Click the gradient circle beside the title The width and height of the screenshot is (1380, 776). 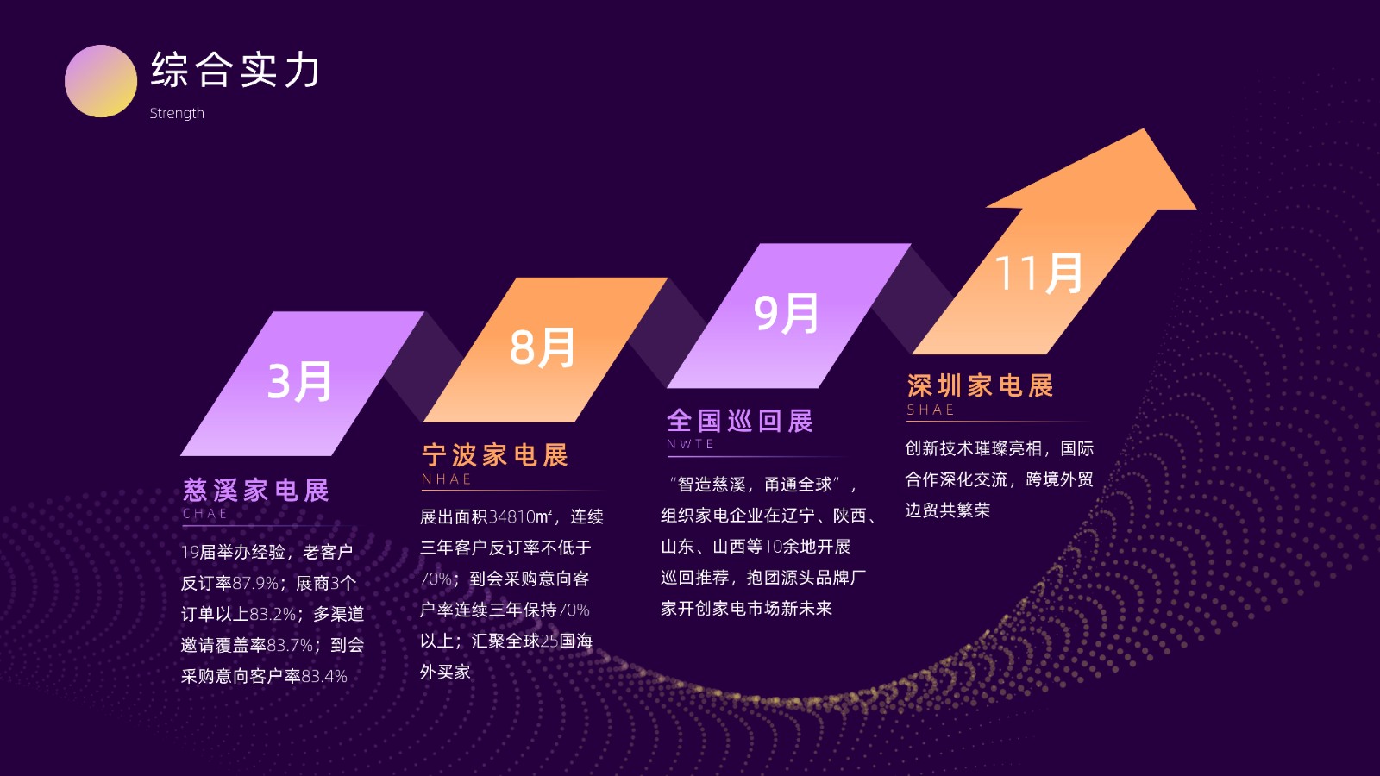[100, 81]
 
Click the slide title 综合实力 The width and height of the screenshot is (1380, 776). [235, 70]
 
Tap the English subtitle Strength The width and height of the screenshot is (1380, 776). [177, 113]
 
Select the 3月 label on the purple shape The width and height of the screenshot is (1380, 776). [300, 382]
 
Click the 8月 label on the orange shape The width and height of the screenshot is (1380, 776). [543, 348]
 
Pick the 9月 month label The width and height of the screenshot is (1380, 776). [786, 313]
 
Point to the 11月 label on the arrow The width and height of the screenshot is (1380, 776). [1038, 272]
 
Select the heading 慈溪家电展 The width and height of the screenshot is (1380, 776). [256, 491]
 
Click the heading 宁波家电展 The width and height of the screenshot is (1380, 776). [495, 456]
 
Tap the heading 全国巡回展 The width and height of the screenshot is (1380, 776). [740, 422]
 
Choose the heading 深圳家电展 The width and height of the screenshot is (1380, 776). [980, 386]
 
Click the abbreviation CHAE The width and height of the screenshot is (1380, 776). [205, 514]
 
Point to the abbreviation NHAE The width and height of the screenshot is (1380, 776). [447, 479]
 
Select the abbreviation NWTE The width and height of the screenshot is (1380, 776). [691, 444]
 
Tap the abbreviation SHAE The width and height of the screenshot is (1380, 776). [931, 410]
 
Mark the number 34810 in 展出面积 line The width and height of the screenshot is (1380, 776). [512, 516]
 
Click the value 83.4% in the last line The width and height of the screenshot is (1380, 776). [324, 676]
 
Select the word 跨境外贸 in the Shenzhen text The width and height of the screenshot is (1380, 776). [1060, 479]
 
